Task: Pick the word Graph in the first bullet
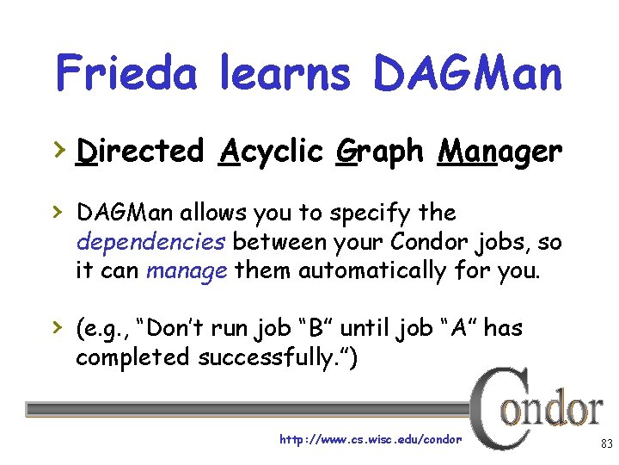coord(379,152)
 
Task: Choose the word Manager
coord(499,152)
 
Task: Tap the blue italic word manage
coord(187,271)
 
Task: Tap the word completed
coord(133,357)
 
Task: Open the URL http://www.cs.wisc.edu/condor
coord(371,439)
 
